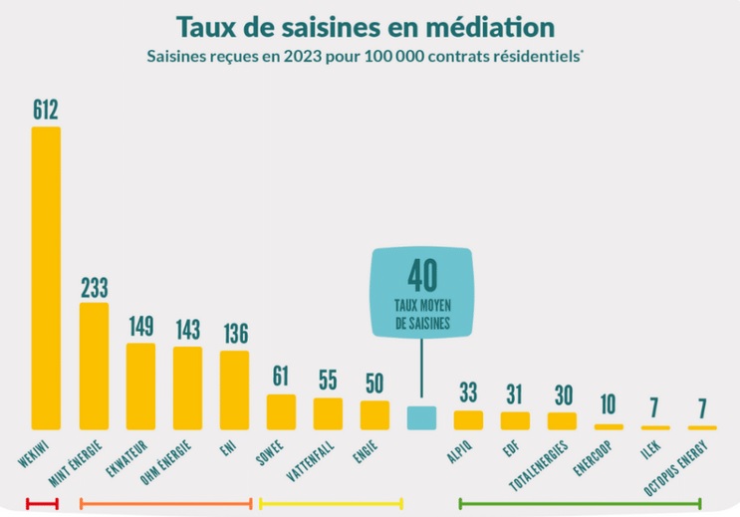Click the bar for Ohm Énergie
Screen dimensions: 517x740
pos(187,388)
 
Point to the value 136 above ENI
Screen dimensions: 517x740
pos(234,334)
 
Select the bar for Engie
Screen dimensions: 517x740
pos(374,414)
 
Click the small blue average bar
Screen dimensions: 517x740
pos(421,417)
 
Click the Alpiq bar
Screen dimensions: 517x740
pos(468,419)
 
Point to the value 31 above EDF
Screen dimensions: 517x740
pos(515,394)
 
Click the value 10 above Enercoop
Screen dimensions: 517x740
pos(609,405)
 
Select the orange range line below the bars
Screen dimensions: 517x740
pos(165,503)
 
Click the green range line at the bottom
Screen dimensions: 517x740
pos(580,503)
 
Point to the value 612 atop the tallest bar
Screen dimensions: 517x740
pos(46,110)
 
